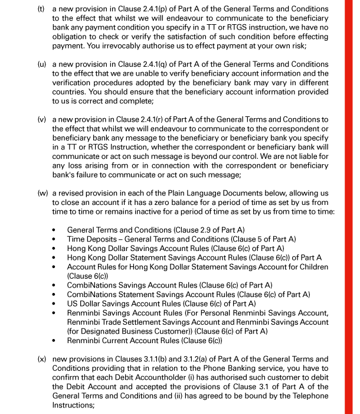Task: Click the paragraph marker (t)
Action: tap(42, 9)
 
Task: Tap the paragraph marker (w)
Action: tap(42, 193)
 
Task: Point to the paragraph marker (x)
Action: tap(42, 358)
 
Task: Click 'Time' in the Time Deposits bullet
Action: tap(77, 239)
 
